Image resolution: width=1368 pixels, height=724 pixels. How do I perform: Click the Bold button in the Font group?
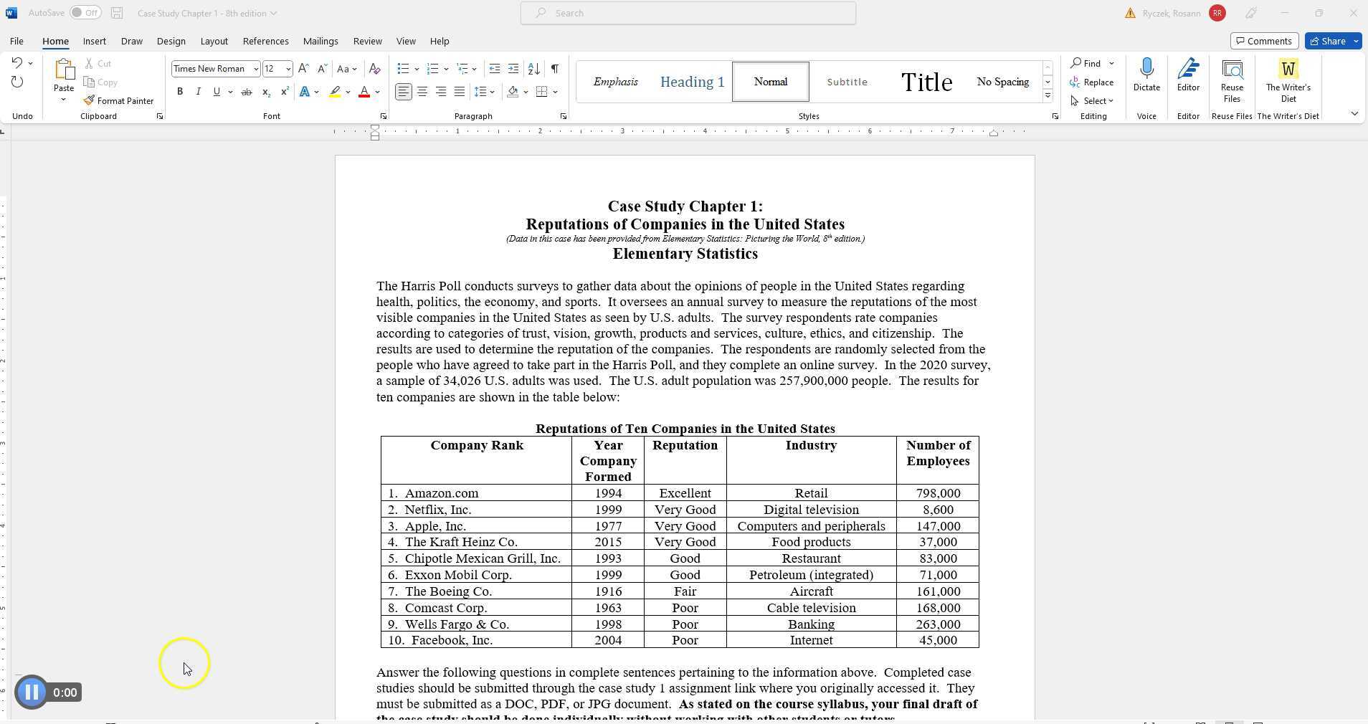pyautogui.click(x=180, y=92)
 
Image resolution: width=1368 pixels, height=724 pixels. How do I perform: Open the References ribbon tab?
pyautogui.click(x=265, y=41)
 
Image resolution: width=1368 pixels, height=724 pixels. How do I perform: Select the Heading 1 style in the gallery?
pyautogui.click(x=692, y=82)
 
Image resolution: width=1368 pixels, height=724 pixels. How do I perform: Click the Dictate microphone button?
pyautogui.click(x=1146, y=75)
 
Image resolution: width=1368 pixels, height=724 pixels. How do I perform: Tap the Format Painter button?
pyautogui.click(x=118, y=101)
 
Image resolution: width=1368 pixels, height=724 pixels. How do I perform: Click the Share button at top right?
pyautogui.click(x=1332, y=41)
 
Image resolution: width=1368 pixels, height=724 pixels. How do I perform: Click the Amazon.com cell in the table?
pyautogui.click(x=441, y=493)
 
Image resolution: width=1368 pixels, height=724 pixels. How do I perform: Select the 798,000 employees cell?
pyautogui.click(x=937, y=493)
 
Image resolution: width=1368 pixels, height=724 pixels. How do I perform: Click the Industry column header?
pyautogui.click(x=810, y=445)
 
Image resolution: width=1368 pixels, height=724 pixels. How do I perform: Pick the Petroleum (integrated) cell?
pyautogui.click(x=810, y=575)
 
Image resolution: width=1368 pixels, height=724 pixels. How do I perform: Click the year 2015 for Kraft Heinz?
pyautogui.click(x=607, y=542)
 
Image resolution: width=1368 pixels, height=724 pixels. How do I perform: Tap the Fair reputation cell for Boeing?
pyautogui.click(x=684, y=591)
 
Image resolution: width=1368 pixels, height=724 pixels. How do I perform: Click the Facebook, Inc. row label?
pyautogui.click(x=451, y=640)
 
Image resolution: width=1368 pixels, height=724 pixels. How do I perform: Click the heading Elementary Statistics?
pyautogui.click(x=685, y=254)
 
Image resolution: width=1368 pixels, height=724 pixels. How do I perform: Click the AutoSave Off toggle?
pyautogui.click(x=85, y=13)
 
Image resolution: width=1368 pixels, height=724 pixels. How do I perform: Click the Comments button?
pyautogui.click(x=1263, y=41)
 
